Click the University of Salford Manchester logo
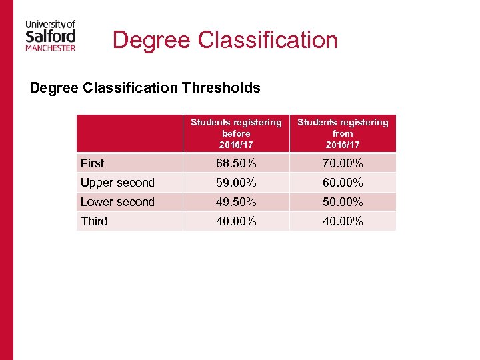tap(51, 35)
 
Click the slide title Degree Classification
tap(225, 40)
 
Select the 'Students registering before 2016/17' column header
tap(236, 133)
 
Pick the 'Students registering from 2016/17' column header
tap(343, 133)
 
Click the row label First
tap(93, 163)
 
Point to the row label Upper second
tap(117, 183)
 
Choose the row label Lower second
tap(117, 202)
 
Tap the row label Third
tap(94, 221)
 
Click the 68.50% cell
tap(236, 163)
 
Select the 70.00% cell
tap(343, 163)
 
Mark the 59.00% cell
tap(236, 183)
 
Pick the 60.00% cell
tap(343, 183)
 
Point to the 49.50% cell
tap(236, 202)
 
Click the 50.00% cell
tap(343, 202)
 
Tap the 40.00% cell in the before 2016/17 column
tap(236, 221)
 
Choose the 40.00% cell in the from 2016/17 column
tap(343, 221)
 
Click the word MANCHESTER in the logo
tap(51, 47)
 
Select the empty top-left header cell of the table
tap(129, 133)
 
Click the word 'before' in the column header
tap(236, 133)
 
